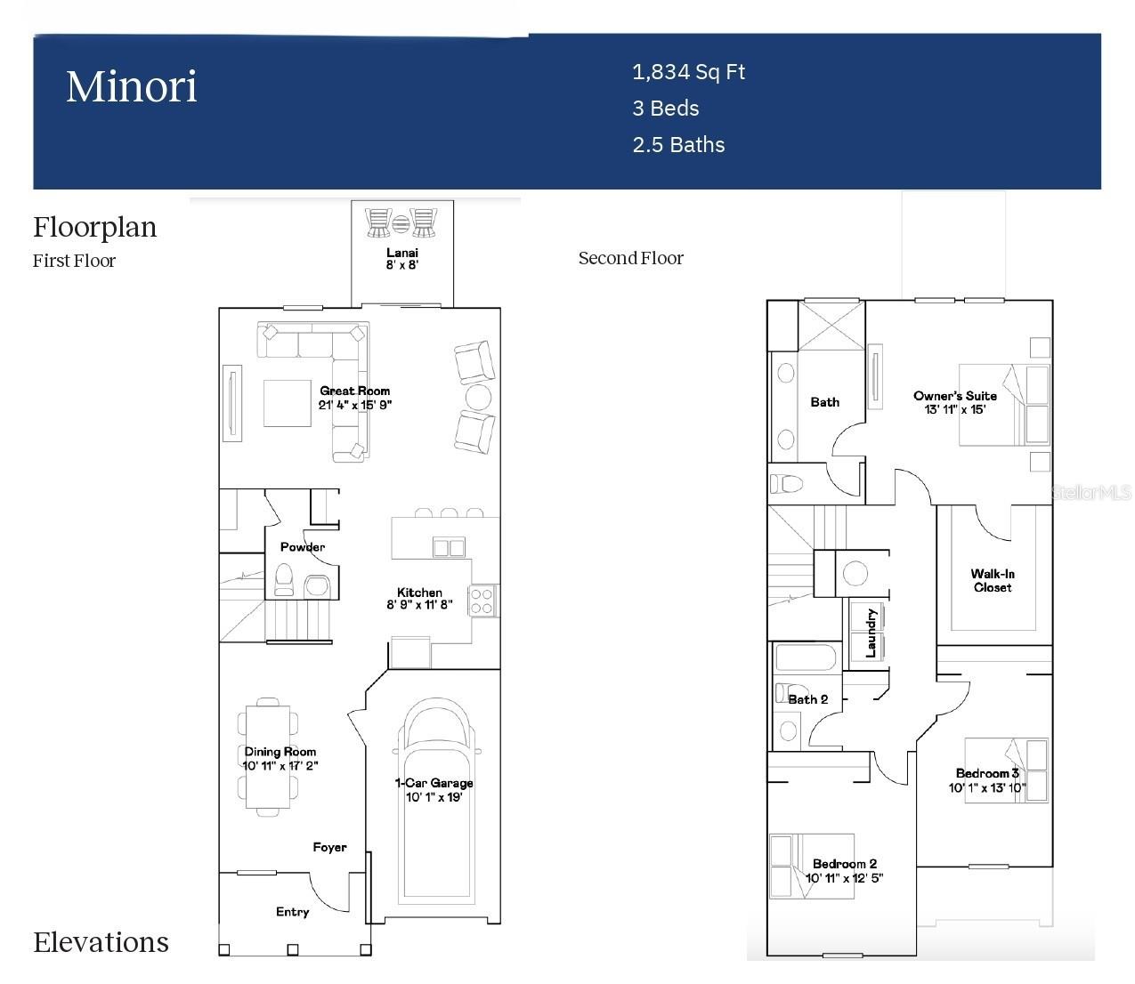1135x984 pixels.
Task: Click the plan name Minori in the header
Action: [132, 87]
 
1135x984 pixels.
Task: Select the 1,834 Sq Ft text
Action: [688, 72]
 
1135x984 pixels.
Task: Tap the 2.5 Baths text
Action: [678, 145]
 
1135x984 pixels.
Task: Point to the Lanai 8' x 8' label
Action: [402, 259]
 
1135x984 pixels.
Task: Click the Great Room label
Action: [354, 391]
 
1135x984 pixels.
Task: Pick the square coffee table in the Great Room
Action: [287, 403]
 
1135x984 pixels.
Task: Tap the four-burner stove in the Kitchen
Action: [482, 601]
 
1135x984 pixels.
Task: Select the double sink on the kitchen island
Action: [449, 547]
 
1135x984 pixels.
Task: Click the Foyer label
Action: [329, 847]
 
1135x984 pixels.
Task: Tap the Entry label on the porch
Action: [292, 912]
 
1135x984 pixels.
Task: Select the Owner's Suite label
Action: [954, 396]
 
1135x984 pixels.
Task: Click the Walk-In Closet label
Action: [993, 581]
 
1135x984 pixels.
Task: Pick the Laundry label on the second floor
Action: [872, 633]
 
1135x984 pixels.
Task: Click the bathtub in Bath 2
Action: [805, 658]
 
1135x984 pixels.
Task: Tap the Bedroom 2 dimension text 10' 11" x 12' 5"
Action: [844, 878]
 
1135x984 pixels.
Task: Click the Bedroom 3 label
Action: [986, 773]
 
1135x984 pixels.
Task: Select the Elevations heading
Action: [101, 942]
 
